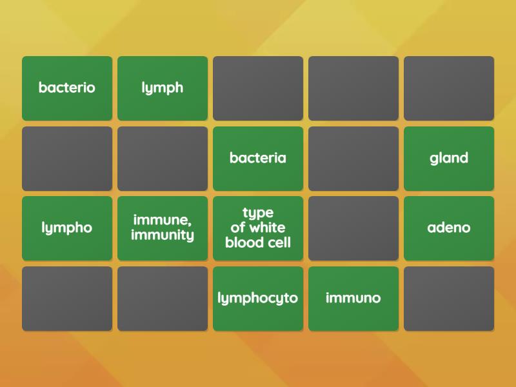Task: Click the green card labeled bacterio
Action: pos(67,88)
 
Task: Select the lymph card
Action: pos(163,88)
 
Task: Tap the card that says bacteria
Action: pos(258,158)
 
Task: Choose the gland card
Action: pos(449,158)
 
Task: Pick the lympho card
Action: pos(67,228)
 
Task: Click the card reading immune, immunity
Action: pos(163,228)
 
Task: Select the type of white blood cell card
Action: pos(258,228)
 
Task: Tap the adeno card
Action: pos(449,228)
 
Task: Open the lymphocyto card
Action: pos(258,299)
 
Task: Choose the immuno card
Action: pos(353,299)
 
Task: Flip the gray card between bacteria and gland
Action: pos(353,158)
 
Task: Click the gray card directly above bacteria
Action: pos(258,88)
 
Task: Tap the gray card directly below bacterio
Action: pos(67,158)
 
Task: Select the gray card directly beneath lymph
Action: pos(163,158)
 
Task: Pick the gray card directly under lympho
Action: pos(67,299)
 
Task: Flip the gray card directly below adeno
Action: pos(449,299)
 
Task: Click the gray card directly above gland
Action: pos(449,88)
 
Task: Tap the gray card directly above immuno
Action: pos(353,228)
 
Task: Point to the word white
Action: pos(267,228)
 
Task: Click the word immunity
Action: pos(163,235)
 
